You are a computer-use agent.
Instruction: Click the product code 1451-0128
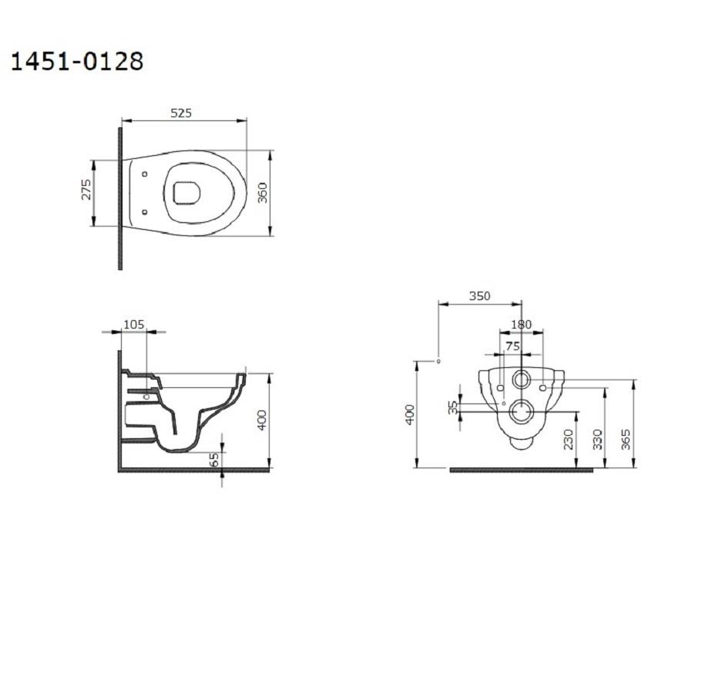pyautogui.click(x=76, y=61)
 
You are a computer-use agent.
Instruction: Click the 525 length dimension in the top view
pyautogui.click(x=180, y=113)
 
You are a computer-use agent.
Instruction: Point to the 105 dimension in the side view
pyautogui.click(x=133, y=325)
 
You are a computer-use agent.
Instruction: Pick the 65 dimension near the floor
pyautogui.click(x=215, y=459)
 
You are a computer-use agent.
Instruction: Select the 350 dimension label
pyautogui.click(x=479, y=296)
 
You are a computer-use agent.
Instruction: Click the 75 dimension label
pyautogui.click(x=512, y=346)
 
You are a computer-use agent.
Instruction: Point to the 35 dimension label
pyautogui.click(x=453, y=407)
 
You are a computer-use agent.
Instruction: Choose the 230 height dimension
pyautogui.click(x=567, y=440)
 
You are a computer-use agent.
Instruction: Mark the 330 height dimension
pyautogui.click(x=596, y=440)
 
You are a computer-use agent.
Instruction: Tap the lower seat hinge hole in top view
pyautogui.click(x=145, y=211)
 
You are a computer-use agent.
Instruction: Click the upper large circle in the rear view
pyautogui.click(x=522, y=380)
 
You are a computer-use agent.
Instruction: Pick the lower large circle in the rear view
pyautogui.click(x=522, y=412)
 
